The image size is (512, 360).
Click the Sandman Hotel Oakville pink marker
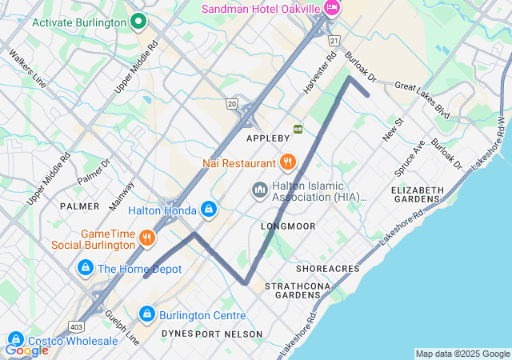click(x=332, y=8)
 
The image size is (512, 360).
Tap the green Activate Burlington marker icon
click(x=138, y=22)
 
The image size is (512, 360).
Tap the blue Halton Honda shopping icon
click(x=208, y=210)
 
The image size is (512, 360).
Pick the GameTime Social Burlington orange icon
click(x=146, y=238)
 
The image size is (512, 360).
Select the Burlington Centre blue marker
click(x=146, y=314)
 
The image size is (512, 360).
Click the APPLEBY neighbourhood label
click(x=267, y=138)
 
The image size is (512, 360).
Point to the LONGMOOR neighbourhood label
click(x=288, y=226)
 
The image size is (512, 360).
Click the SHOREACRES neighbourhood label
click(x=328, y=269)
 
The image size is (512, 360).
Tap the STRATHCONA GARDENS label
click(x=292, y=290)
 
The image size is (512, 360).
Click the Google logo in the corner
click(x=26, y=350)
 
